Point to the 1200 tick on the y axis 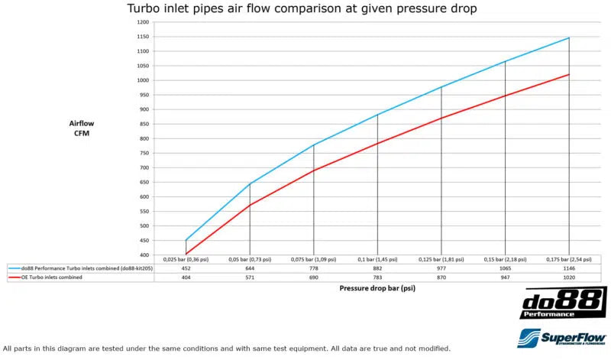144,22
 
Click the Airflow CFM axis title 82,128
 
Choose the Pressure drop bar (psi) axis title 377,289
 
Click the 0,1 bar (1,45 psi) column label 377,260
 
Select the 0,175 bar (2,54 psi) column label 568,260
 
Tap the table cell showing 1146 568,269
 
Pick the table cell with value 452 186,269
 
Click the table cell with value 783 377,278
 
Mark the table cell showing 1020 568,278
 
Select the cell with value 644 250,269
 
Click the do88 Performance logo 563,303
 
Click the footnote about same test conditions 221,348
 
